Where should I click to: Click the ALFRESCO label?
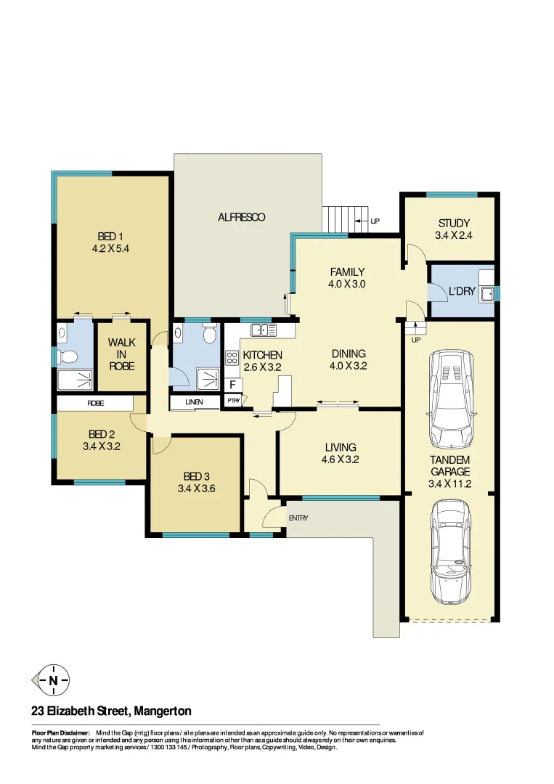click(242, 217)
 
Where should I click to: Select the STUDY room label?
click(453, 223)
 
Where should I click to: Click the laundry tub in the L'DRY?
click(488, 293)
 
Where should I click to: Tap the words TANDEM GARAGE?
click(449, 466)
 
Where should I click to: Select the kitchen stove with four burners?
click(233, 358)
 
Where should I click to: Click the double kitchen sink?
click(264, 330)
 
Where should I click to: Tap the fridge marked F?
click(232, 385)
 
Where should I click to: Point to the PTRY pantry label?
click(233, 401)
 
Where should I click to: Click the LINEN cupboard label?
click(193, 402)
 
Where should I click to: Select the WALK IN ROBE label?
click(122, 354)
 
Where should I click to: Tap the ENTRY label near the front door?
click(298, 518)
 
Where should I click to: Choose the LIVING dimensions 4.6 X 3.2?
click(341, 459)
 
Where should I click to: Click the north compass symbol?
click(52, 680)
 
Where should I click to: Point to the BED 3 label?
click(196, 476)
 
